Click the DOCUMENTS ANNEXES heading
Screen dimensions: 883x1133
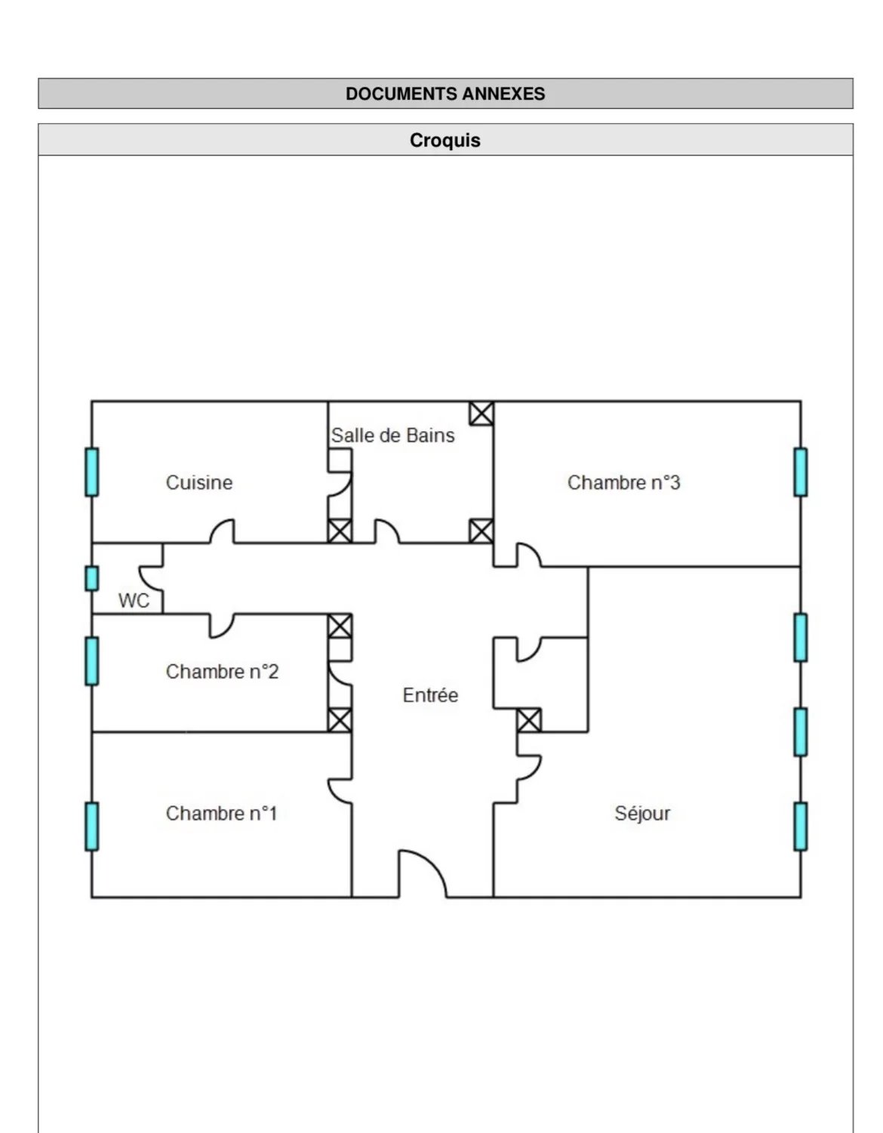[445, 94]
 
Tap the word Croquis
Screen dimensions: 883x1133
[445, 140]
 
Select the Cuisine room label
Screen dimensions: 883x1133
[199, 482]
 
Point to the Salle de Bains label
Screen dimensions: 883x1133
[392, 436]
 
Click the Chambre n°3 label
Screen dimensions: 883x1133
[623, 482]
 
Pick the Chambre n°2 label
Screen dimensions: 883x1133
[222, 672]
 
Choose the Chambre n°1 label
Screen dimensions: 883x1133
[222, 814]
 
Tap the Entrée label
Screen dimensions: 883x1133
[430, 695]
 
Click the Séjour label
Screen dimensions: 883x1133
[642, 814]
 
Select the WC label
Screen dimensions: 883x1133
[134, 601]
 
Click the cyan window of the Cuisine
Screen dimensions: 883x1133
[92, 472]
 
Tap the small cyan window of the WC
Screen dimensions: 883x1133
[92, 579]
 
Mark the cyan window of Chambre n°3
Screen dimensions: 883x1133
[801, 472]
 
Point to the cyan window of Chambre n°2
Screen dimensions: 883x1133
[92, 661]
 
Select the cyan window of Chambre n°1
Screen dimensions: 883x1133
[92, 827]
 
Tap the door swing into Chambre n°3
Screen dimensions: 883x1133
[534, 550]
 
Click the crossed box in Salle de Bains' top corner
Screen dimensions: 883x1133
[481, 414]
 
